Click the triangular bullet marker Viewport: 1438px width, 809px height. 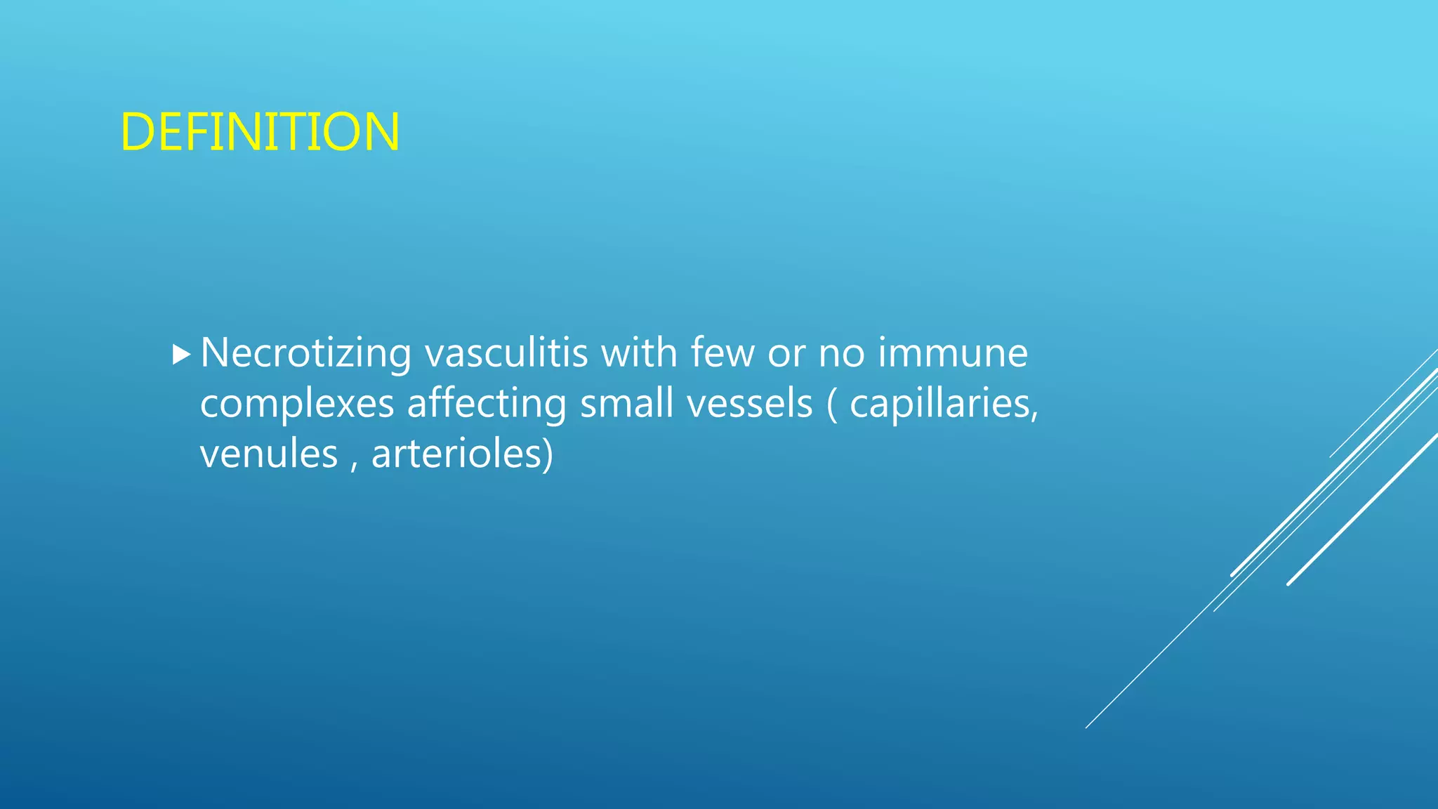[181, 355]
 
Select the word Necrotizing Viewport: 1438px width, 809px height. [305, 353]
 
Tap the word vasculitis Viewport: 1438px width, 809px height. [506, 353]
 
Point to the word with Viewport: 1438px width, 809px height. [639, 353]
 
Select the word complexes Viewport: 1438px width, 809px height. [296, 404]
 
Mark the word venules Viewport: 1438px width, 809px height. [268, 454]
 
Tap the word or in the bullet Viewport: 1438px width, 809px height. [786, 354]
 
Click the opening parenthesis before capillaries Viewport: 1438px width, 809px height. [832, 404]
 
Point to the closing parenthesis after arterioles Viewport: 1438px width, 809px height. [548, 454]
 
